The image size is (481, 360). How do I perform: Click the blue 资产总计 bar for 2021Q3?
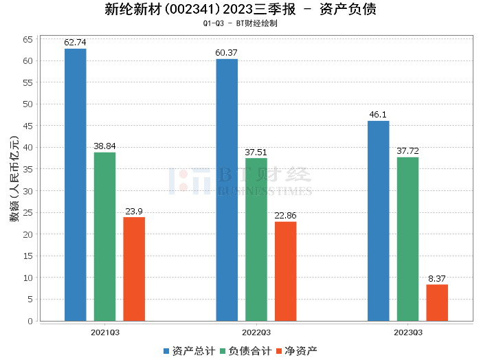pos(76,185)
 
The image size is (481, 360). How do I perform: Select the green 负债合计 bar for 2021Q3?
pos(104,236)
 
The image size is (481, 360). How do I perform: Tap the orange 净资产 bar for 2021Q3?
pos(134,269)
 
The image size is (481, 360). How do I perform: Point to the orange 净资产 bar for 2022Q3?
pos(286,271)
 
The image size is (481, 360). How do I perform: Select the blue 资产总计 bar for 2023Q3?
pos(379,221)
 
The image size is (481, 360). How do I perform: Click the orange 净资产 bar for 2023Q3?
pos(437,302)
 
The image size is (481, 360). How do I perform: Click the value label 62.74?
pos(76,43)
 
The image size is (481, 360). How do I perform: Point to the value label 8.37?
pos(437,278)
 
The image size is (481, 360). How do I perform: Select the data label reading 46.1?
pos(379,115)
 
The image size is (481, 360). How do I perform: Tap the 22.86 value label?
pos(286,216)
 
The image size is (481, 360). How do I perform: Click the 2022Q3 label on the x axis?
pos(256,332)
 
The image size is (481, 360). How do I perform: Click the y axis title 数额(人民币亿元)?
pos(13,180)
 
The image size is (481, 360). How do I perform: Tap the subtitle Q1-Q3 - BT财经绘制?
pos(240,23)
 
